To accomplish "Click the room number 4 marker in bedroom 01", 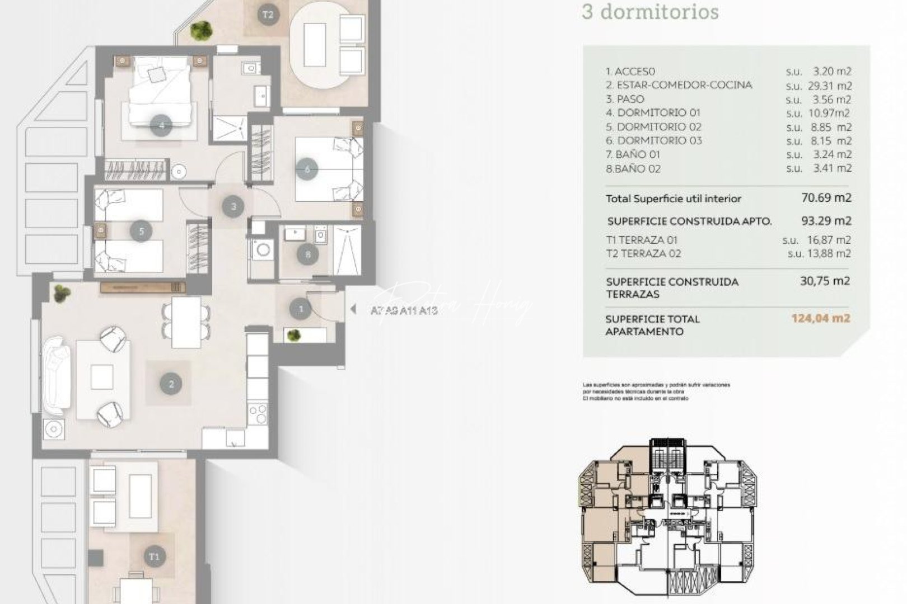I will pos(162,125).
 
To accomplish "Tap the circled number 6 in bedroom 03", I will pos(307,168).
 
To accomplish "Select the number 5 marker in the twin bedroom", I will pos(141,230).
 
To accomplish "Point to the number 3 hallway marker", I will pos(233,206).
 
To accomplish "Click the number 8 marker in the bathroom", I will pos(307,255).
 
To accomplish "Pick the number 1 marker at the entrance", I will pos(301,308).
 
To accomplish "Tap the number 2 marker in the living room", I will pos(171,384).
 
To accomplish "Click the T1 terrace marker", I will pos(154,556).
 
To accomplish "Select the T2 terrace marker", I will pos(268,15).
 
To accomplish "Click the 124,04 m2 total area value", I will pos(820,319).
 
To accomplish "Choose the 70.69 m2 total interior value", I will pos(826,198).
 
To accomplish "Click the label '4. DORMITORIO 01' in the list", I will pos(653,113).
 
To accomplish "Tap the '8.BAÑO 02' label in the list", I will pos(633,168).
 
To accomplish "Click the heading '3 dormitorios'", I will pos(650,12).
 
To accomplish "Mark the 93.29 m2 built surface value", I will pos(826,221).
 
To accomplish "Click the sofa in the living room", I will pos(56,372).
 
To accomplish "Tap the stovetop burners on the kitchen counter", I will pos(258,415).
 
